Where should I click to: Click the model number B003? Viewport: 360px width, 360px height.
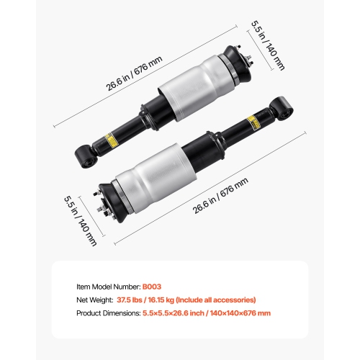point(152,286)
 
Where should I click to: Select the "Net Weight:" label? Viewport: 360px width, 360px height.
point(96,300)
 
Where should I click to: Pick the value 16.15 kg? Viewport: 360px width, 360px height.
point(170,300)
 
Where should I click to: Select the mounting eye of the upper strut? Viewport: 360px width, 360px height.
point(83,153)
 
